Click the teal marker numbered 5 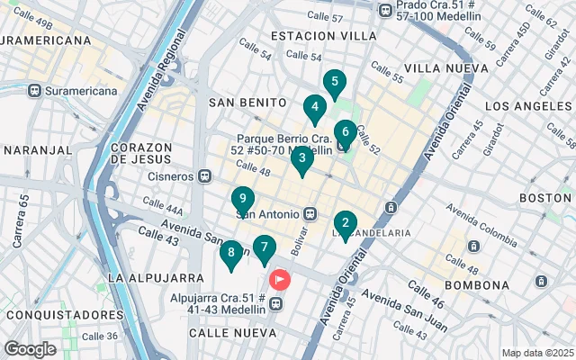point(335,85)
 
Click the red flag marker point(280,280)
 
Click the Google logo point(30,349)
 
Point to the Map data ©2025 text point(536,353)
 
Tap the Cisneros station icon point(204,176)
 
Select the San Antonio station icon point(310,214)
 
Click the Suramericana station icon point(35,91)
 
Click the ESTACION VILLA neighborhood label point(323,36)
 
